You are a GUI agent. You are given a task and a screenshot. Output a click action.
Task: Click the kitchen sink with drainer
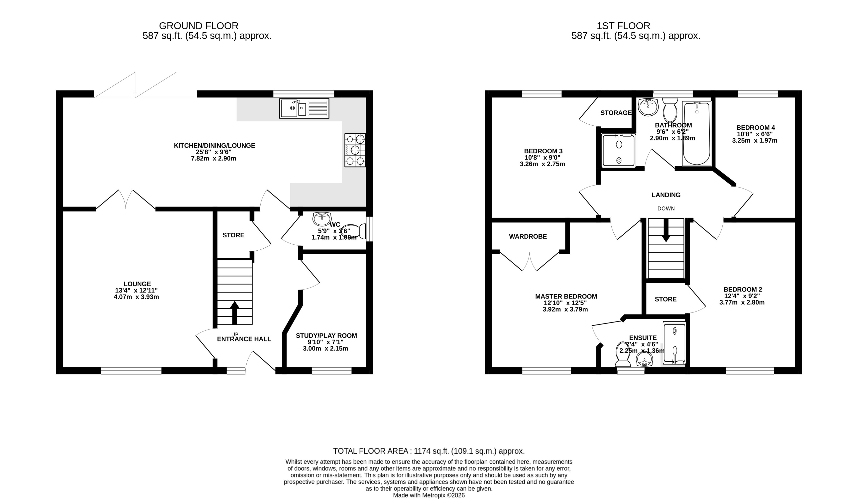pyautogui.click(x=304, y=108)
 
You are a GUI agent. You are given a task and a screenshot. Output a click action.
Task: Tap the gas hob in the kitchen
pyautogui.click(x=355, y=150)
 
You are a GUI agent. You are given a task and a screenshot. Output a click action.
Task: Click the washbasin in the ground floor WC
pyautogui.click(x=322, y=219)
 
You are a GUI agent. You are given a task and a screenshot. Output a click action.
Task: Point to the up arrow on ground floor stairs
pyautogui.click(x=235, y=312)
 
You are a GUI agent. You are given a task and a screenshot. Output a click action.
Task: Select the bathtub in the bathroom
pyautogui.click(x=697, y=133)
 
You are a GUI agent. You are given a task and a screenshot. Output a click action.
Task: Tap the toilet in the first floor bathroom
pyautogui.click(x=670, y=110)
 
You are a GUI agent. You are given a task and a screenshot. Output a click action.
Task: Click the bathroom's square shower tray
pyautogui.click(x=619, y=150)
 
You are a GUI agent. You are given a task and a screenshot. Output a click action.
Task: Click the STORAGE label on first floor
pyautogui.click(x=616, y=113)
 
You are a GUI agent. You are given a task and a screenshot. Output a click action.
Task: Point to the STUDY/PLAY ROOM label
pyautogui.click(x=326, y=336)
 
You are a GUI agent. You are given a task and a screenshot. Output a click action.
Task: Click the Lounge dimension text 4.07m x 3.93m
pyautogui.click(x=136, y=297)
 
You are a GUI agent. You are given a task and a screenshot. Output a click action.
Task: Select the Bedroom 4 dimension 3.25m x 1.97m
pyautogui.click(x=755, y=140)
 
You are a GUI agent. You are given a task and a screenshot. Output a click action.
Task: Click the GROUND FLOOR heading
pyautogui.click(x=199, y=26)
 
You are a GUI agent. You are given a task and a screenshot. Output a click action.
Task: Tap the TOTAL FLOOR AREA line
pyautogui.click(x=429, y=451)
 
